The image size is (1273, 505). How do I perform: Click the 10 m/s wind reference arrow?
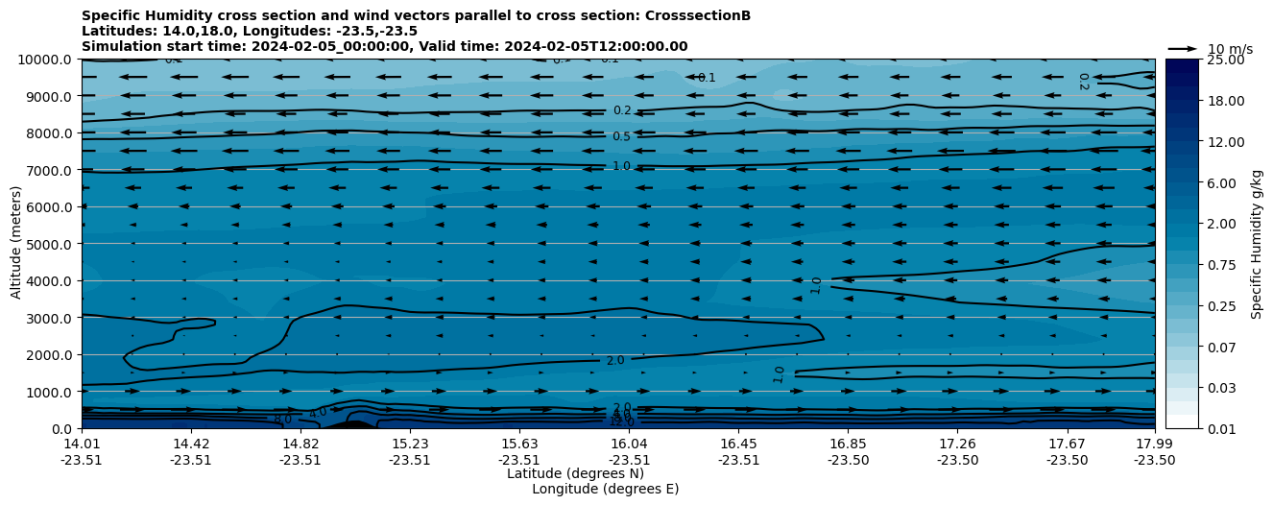(x=1183, y=48)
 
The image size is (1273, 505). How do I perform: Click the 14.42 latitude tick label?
(x=191, y=444)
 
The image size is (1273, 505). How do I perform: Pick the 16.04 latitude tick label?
(x=629, y=444)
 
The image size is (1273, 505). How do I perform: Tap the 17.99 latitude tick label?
(x=1154, y=444)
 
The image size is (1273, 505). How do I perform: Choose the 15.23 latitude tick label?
(x=410, y=444)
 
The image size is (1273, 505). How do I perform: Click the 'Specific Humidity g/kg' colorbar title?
(x=1257, y=244)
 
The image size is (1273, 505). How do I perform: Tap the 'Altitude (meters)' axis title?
(x=16, y=244)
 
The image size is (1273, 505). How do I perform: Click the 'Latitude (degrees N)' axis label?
(x=575, y=473)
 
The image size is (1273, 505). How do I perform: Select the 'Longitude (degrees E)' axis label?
(x=605, y=489)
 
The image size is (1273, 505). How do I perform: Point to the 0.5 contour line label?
(x=621, y=137)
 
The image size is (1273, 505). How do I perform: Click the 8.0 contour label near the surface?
(x=282, y=419)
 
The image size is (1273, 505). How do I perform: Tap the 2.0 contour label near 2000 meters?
(x=615, y=361)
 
